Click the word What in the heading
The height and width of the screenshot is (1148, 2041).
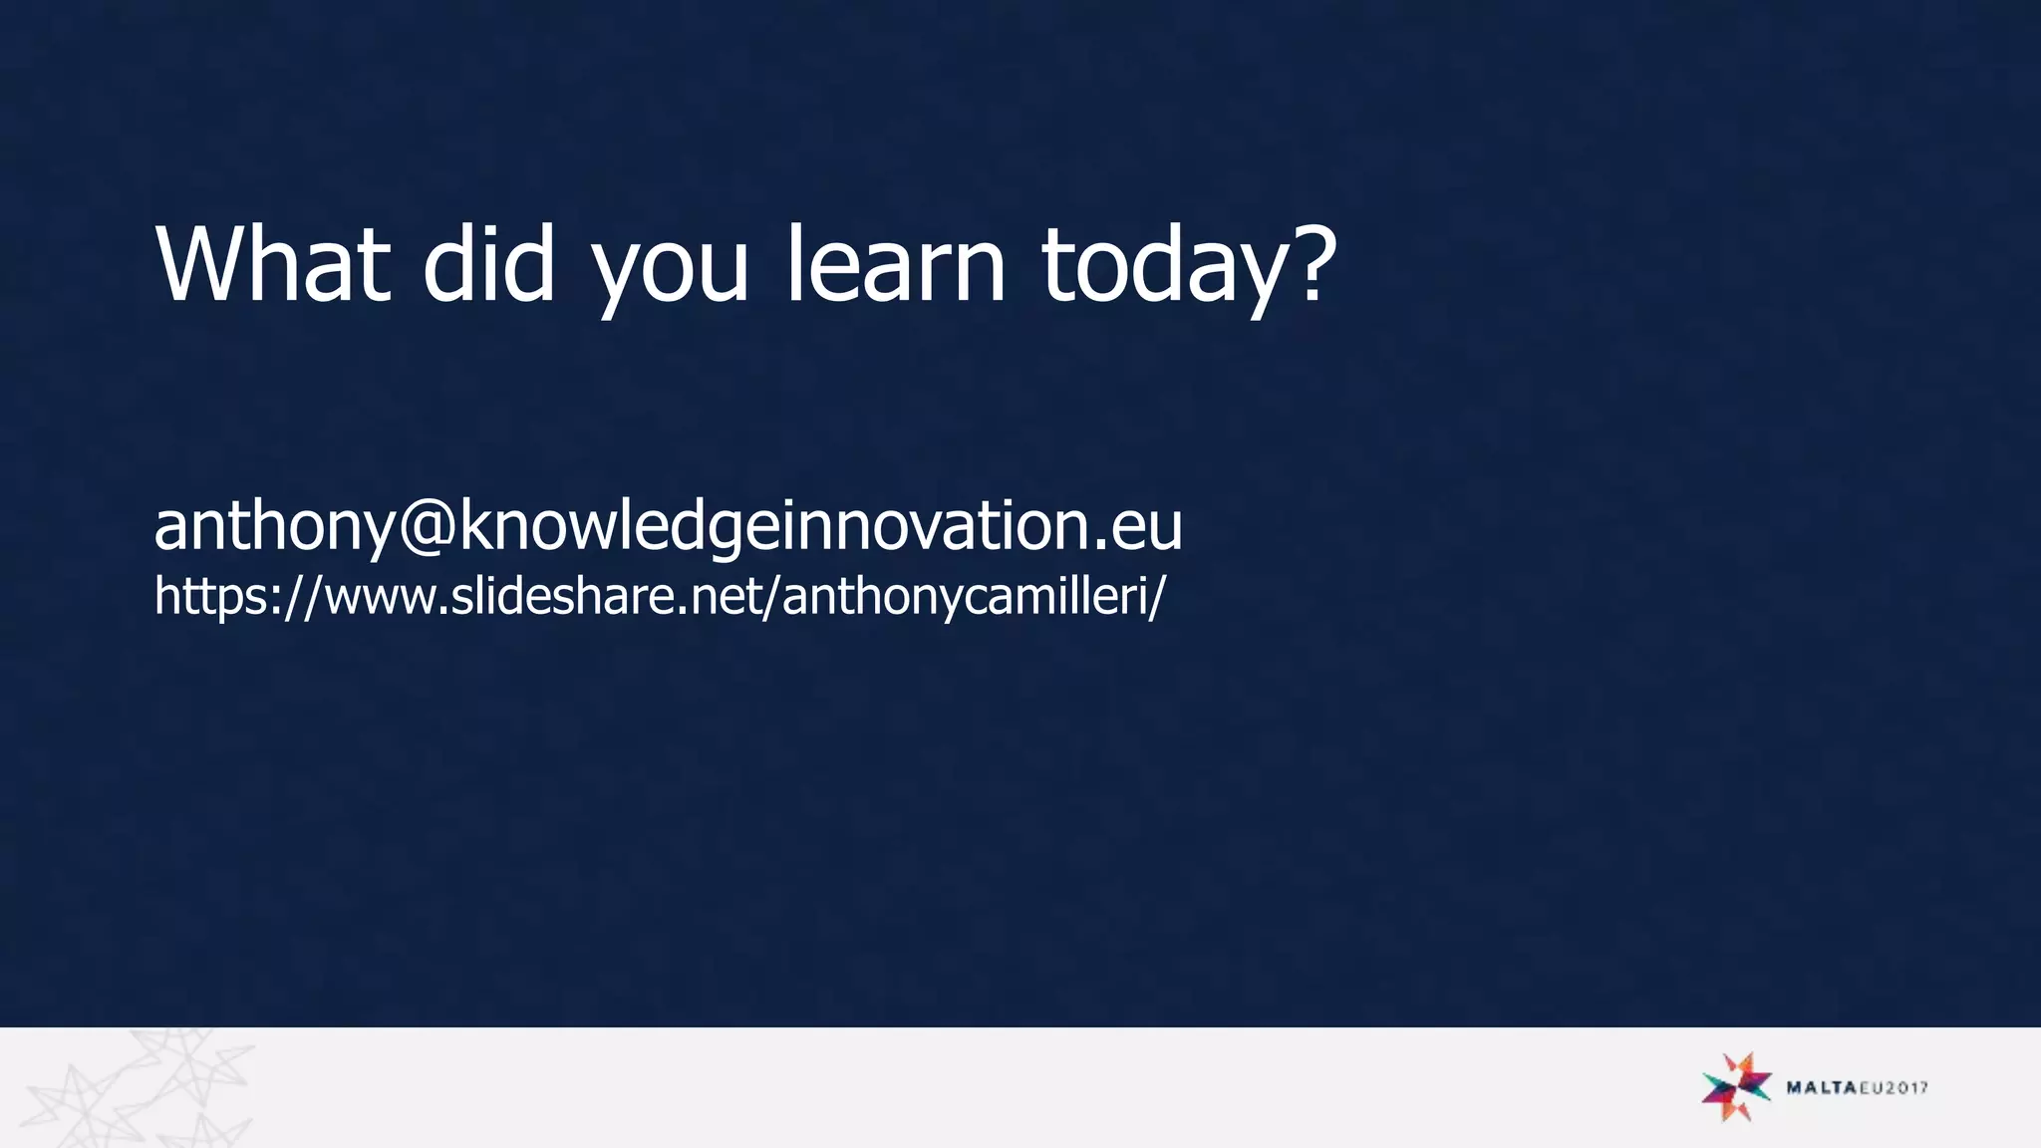coord(272,264)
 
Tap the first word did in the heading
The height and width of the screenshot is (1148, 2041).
coord(488,264)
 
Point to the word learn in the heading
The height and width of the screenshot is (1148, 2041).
coord(896,264)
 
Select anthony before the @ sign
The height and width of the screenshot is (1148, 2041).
coord(275,528)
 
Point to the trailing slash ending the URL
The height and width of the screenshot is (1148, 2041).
coord(1156,598)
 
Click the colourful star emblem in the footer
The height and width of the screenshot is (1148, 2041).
coord(1736,1086)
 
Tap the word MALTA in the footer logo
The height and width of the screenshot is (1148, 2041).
coord(1820,1087)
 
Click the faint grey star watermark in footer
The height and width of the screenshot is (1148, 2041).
coord(140,1091)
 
